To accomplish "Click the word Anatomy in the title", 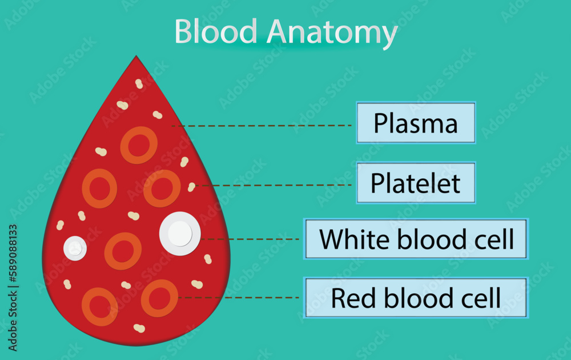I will click(333, 33).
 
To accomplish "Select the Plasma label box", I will click(416, 123).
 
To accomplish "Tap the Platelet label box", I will click(416, 183).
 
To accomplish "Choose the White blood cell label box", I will click(416, 239).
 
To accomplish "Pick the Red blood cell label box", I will click(416, 298).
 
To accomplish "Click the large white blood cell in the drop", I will click(180, 233).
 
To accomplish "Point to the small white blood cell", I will click(75, 248).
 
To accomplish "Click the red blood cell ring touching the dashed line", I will click(159, 298).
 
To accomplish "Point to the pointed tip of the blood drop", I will click(136, 57).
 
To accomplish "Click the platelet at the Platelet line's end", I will click(191, 187).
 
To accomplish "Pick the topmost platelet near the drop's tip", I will click(139, 84).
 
